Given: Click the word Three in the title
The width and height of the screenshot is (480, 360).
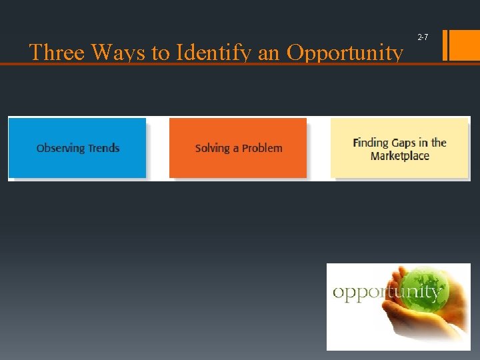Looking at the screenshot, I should pyautogui.click(x=55, y=53).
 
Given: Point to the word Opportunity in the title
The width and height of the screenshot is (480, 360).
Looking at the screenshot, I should pyautogui.click(x=345, y=53).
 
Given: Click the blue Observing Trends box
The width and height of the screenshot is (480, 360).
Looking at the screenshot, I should pyautogui.click(x=78, y=148).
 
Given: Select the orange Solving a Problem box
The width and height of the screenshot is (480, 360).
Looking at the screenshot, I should pyautogui.click(x=238, y=148).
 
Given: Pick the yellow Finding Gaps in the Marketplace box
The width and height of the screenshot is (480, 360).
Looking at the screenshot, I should pyautogui.click(x=399, y=148).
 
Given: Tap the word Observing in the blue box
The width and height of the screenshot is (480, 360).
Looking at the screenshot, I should pyautogui.click(x=60, y=148).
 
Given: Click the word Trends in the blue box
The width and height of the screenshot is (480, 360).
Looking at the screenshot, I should pyautogui.click(x=103, y=148).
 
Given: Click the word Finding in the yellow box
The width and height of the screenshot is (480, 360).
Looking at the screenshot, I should pyautogui.click(x=371, y=142).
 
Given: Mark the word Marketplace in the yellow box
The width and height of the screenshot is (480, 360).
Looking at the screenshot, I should pyautogui.click(x=400, y=156).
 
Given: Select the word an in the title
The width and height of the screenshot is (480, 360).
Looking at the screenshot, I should pyautogui.click(x=269, y=53).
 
